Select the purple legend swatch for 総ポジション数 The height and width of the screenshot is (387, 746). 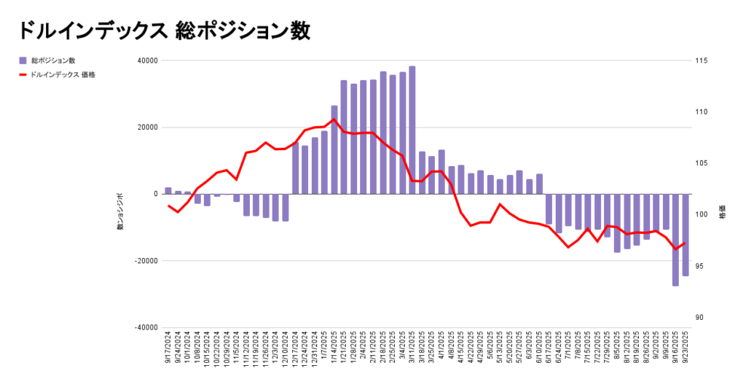click(x=23, y=60)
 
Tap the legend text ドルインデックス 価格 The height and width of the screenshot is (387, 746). click(x=64, y=74)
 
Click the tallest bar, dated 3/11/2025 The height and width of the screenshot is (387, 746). click(x=412, y=130)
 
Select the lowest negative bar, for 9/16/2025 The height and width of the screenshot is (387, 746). click(x=675, y=240)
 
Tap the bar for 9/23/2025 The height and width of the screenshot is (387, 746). click(x=686, y=235)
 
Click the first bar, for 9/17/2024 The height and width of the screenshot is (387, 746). click(x=168, y=191)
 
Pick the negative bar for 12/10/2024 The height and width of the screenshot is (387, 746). click(x=286, y=207)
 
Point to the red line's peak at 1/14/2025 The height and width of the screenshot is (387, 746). click(x=334, y=120)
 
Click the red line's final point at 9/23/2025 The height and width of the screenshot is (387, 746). click(x=685, y=243)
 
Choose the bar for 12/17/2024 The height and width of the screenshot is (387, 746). click(x=295, y=169)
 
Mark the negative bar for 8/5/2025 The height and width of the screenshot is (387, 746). click(x=617, y=223)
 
